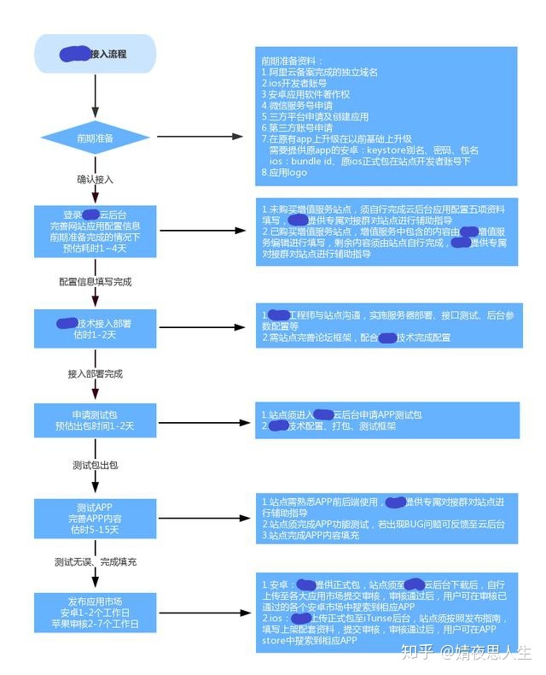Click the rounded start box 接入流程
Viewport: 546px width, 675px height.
coord(95,53)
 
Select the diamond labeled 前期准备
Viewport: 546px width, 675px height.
coord(95,137)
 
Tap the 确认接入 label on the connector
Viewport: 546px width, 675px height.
coord(95,179)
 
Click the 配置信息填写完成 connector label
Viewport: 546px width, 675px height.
coord(95,281)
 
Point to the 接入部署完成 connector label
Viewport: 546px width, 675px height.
coord(95,373)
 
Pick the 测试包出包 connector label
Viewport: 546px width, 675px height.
coord(95,466)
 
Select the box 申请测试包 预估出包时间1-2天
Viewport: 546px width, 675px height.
coord(95,419)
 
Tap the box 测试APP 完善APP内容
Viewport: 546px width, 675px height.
coord(95,518)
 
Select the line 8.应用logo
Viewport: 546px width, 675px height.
coord(285,173)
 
